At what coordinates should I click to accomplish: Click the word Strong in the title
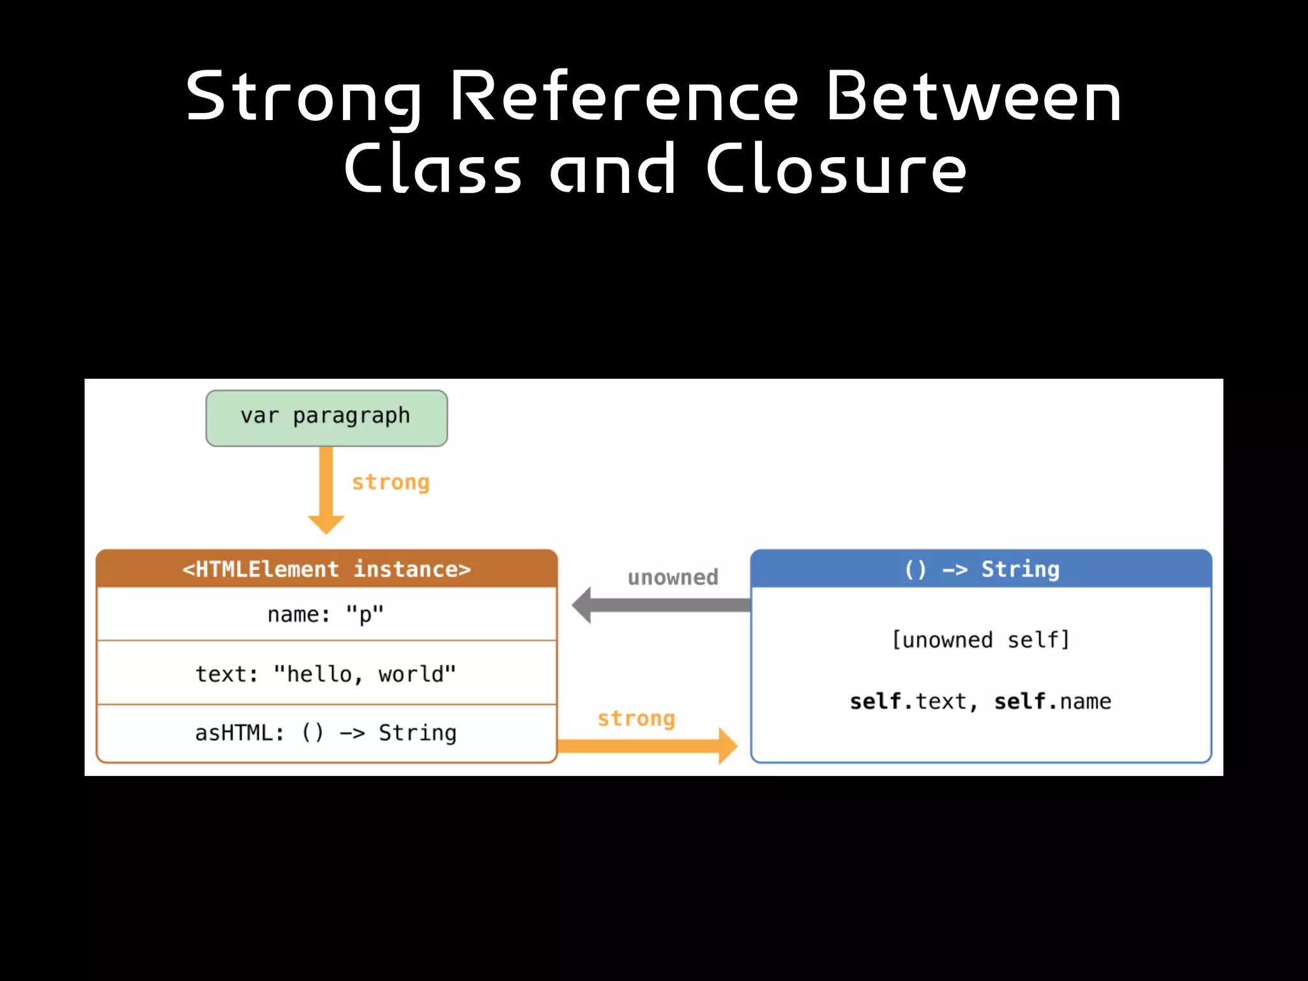pyautogui.click(x=303, y=97)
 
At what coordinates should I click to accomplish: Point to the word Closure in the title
pyautogui.click(x=836, y=169)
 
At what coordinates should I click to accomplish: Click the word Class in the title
pyautogui.click(x=433, y=169)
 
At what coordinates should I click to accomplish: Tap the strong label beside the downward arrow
pyautogui.click(x=391, y=482)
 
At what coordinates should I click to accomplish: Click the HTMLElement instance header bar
pyautogui.click(x=326, y=568)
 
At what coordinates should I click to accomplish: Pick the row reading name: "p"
pyautogui.click(x=326, y=614)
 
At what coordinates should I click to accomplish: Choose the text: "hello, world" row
pyautogui.click(x=326, y=674)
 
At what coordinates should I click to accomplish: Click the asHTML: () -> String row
pyautogui.click(x=326, y=733)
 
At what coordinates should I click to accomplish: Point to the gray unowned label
pyautogui.click(x=673, y=577)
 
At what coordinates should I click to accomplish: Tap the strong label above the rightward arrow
pyautogui.click(x=636, y=719)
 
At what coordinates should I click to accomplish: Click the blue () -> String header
pyautogui.click(x=981, y=568)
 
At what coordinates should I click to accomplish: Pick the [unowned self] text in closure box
pyautogui.click(x=981, y=639)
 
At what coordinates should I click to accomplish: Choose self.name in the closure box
pyautogui.click(x=1053, y=701)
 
